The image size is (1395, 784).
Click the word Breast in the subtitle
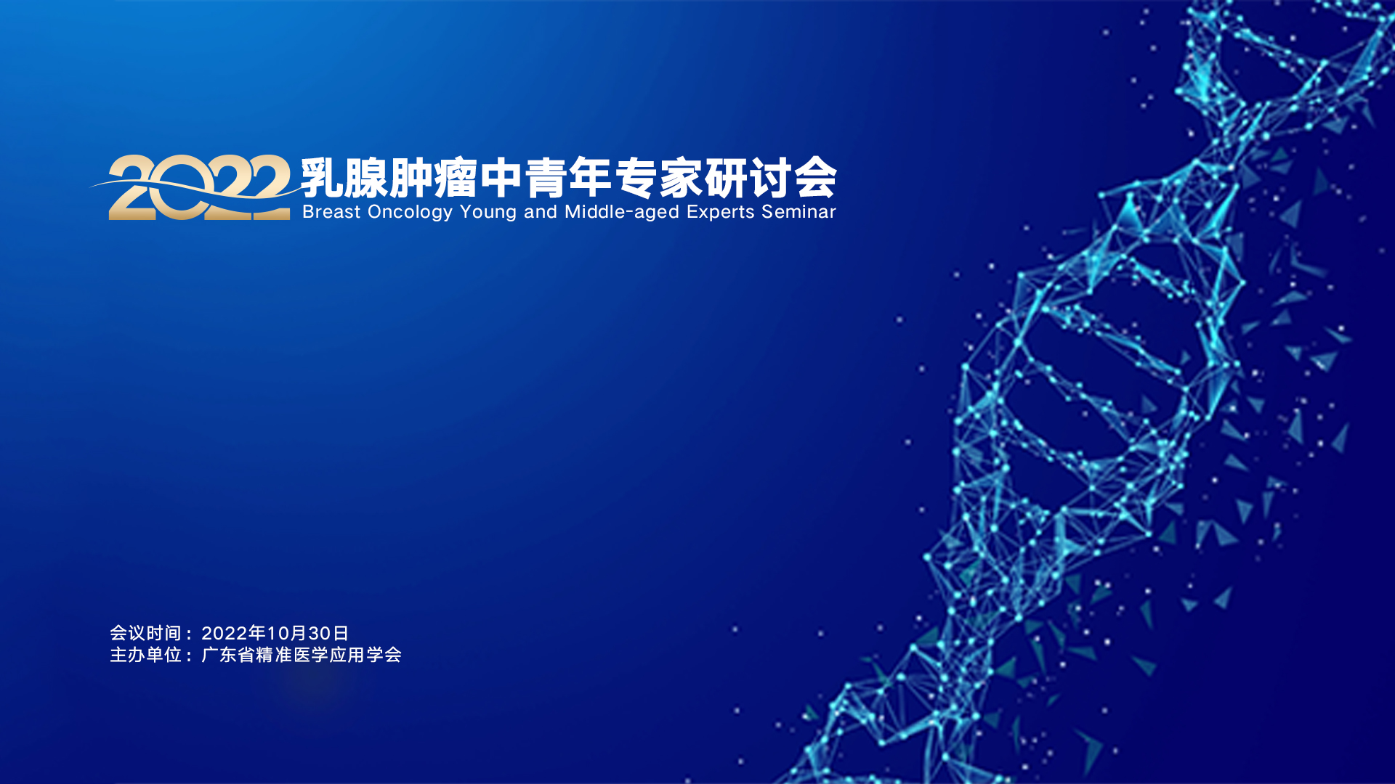pos(331,212)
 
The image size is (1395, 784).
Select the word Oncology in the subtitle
pos(411,213)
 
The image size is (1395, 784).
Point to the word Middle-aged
pos(622,213)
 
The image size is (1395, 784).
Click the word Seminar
pos(799,212)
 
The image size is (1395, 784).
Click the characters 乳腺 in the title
pos(344,178)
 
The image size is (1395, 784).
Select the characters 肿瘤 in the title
pos(434,178)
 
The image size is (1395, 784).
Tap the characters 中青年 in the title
pos(546,178)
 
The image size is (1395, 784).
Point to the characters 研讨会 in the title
pos(771,178)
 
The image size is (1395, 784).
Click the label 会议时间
pos(145,634)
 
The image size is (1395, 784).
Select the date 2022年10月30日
pos(275,634)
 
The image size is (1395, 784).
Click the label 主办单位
pos(145,655)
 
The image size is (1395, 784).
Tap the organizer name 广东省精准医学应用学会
pos(302,655)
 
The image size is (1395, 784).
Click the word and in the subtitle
pos(541,212)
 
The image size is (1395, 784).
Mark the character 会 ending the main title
pos(816,178)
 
